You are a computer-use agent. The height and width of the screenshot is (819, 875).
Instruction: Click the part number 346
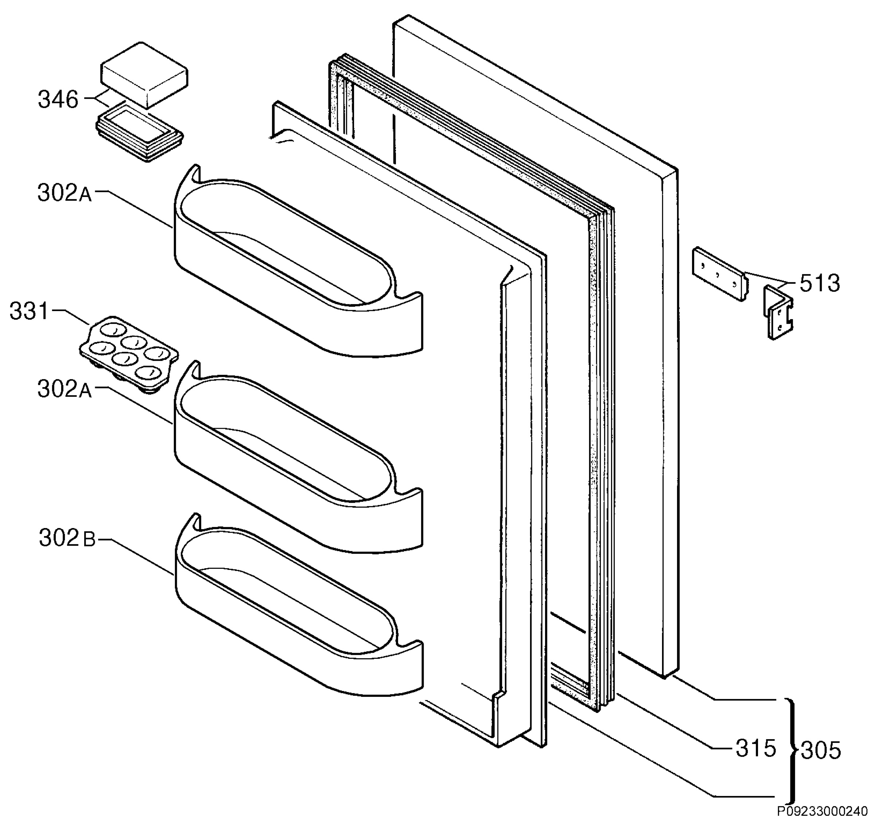pos(58,100)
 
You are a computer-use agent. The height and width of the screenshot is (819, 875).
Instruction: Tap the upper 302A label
pos(65,193)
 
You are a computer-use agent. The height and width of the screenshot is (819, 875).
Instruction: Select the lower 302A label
pos(65,389)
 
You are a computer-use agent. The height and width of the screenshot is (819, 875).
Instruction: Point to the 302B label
pos(67,537)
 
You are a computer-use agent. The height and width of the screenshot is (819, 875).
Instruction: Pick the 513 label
pos(820,284)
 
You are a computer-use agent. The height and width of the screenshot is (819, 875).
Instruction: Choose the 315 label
pos(756,748)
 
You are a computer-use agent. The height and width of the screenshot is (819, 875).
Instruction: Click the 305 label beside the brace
pos(820,750)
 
